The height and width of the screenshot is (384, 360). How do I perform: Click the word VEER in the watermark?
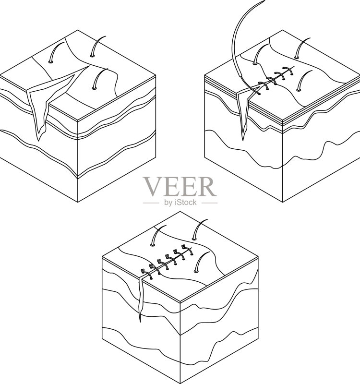click(x=180, y=187)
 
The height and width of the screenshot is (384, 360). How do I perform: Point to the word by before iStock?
click(x=168, y=203)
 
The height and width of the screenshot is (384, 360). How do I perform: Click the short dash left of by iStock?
click(x=151, y=203)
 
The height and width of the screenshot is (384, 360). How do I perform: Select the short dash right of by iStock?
click(x=209, y=203)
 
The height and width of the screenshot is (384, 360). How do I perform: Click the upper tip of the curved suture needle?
click(x=264, y=1)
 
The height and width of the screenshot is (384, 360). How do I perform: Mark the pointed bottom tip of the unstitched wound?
click(x=38, y=141)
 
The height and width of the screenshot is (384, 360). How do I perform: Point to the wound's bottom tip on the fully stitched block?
click(x=140, y=321)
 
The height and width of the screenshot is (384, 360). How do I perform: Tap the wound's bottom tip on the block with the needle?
click(x=243, y=140)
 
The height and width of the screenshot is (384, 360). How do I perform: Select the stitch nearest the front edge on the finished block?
click(x=146, y=274)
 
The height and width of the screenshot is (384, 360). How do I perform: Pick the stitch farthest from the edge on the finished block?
click(x=186, y=249)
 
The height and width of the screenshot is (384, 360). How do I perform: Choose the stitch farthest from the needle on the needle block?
click(x=288, y=71)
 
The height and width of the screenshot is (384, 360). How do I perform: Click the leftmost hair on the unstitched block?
click(x=56, y=51)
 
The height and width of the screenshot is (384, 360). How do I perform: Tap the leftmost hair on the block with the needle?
click(x=260, y=54)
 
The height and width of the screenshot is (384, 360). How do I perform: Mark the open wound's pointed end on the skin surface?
click(x=89, y=66)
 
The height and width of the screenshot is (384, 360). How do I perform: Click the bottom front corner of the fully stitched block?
click(x=180, y=384)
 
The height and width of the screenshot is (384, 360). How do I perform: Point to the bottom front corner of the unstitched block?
click(x=78, y=202)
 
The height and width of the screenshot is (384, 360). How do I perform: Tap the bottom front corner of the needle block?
click(x=283, y=202)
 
